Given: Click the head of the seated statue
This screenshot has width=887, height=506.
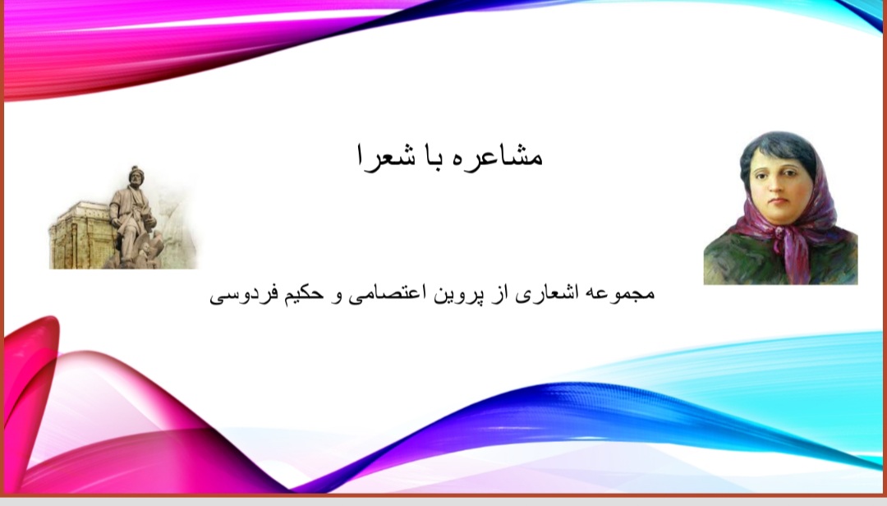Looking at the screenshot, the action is tap(136, 175).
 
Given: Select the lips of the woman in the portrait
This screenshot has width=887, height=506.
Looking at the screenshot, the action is tap(779, 201).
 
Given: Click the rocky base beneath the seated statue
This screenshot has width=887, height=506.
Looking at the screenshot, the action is tap(136, 255).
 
